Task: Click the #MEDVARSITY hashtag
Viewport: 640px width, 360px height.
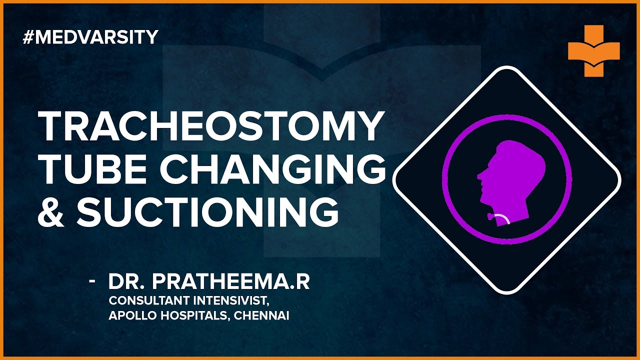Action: (x=90, y=37)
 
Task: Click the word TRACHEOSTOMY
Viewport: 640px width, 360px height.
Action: (x=210, y=127)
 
